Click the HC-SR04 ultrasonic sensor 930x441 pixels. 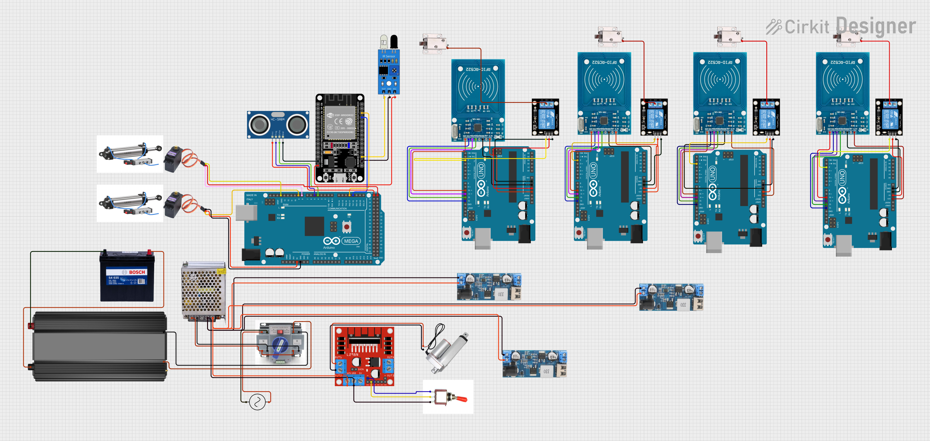(x=278, y=125)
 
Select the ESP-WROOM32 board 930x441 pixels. (x=340, y=139)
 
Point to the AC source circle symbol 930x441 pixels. (x=257, y=402)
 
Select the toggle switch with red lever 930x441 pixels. (x=449, y=397)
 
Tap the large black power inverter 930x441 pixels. (x=99, y=346)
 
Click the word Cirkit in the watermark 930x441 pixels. (x=807, y=27)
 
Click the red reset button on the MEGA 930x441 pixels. (x=347, y=227)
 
